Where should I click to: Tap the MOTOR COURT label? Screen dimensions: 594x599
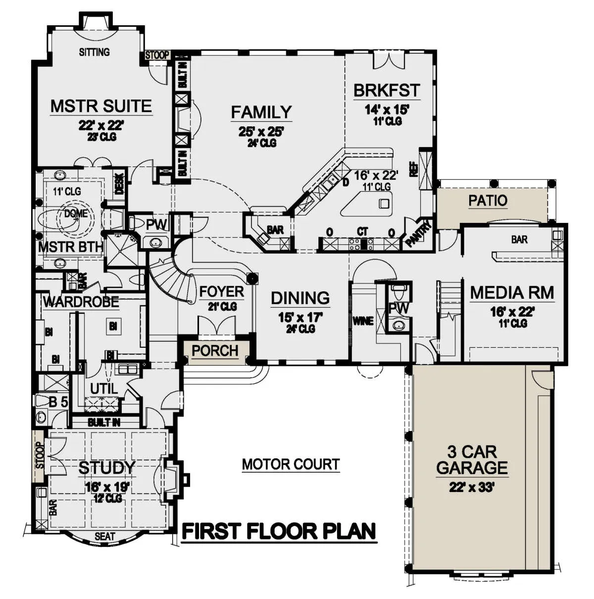click(291, 464)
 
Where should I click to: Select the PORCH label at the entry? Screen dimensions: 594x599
click(215, 351)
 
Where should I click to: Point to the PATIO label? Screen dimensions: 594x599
click(488, 201)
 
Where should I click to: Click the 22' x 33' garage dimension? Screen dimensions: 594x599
click(472, 487)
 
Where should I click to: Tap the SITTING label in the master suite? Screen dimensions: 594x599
click(95, 52)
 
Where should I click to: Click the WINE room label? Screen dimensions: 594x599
click(363, 321)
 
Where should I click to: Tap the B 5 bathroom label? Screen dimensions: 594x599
click(58, 402)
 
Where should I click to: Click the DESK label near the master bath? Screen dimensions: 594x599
click(120, 184)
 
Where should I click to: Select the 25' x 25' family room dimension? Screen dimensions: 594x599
click(261, 132)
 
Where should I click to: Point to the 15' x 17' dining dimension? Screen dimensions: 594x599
click(300, 318)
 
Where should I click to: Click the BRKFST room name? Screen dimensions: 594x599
click(387, 90)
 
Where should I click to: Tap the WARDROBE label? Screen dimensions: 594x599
click(81, 302)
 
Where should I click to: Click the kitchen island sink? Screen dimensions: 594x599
click(384, 204)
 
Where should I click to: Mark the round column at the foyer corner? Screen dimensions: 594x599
click(252, 278)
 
